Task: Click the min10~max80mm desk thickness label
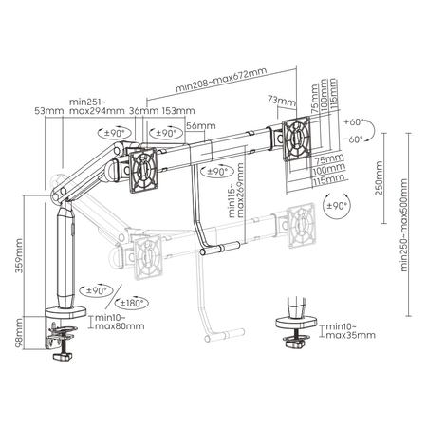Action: coord(120,323)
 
